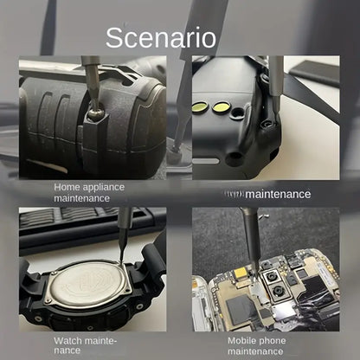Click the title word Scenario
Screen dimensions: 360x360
161,37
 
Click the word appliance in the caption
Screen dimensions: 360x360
106,186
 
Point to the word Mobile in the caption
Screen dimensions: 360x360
244,340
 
